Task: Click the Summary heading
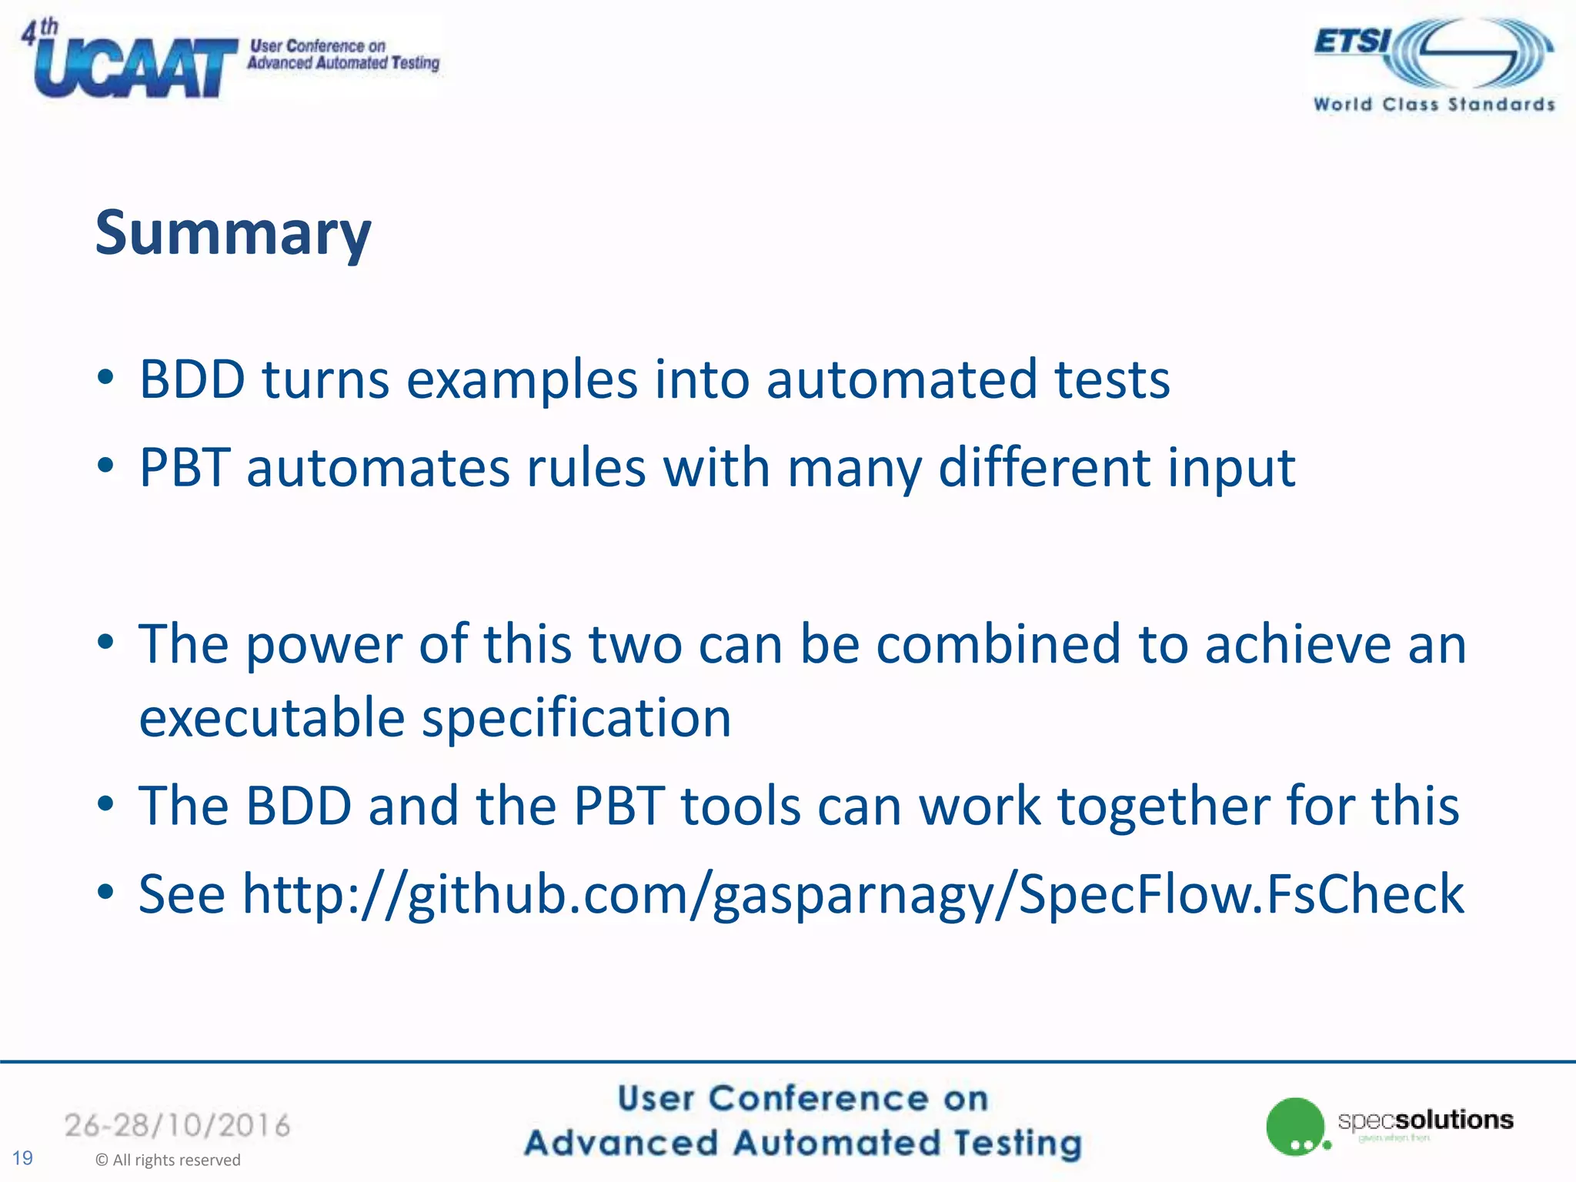point(233,233)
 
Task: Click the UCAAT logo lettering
point(135,68)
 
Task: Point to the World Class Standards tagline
point(1434,105)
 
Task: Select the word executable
point(272,717)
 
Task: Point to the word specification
point(576,717)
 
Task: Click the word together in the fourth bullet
point(1164,806)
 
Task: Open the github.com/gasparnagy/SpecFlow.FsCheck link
point(853,894)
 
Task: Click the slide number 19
point(22,1157)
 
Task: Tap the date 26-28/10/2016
point(177,1126)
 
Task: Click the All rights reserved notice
point(168,1160)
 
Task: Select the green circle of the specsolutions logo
point(1294,1126)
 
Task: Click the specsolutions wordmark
point(1425,1120)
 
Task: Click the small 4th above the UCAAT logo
point(39,31)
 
